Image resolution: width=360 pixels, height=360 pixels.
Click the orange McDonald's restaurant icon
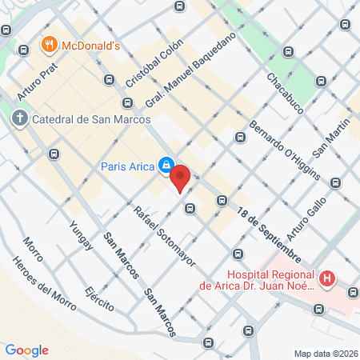pyautogui.click(x=49, y=45)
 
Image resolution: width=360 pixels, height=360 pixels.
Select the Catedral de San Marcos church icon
pyautogui.click(x=19, y=119)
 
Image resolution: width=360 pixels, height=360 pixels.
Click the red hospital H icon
pyautogui.click(x=326, y=279)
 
